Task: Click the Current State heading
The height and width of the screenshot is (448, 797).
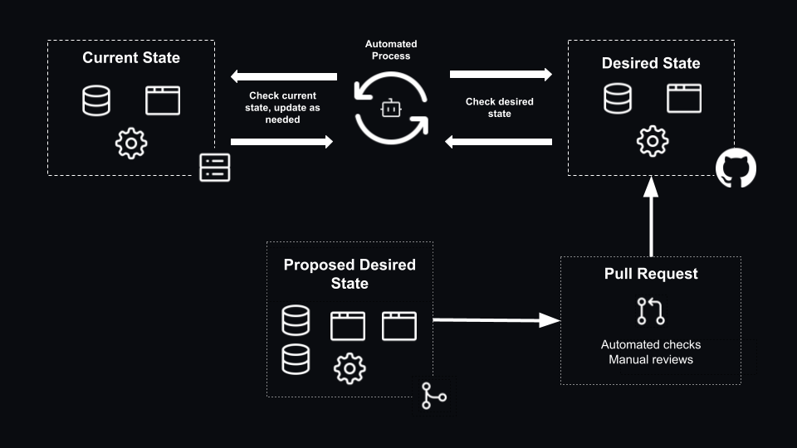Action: click(x=131, y=58)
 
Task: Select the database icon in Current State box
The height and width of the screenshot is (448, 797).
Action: click(x=96, y=100)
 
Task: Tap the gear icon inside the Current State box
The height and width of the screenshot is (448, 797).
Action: click(x=131, y=143)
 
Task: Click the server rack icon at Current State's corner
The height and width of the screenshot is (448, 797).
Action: click(x=215, y=167)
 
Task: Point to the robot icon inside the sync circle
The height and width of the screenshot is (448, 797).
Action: click(x=392, y=108)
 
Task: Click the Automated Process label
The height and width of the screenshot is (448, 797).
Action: click(x=392, y=50)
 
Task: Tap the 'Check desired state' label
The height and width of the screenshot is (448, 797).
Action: click(x=499, y=108)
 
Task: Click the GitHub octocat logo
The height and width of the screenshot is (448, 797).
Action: click(x=736, y=168)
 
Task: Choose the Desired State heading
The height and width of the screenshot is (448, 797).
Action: click(x=651, y=63)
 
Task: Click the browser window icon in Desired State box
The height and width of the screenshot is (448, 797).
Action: click(x=684, y=99)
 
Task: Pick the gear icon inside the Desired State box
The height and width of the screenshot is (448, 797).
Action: click(x=652, y=142)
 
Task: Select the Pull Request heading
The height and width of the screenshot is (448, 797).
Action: click(x=651, y=274)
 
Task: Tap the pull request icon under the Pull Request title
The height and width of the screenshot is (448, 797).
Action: click(x=651, y=311)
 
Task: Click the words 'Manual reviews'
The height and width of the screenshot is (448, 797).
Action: click(x=651, y=359)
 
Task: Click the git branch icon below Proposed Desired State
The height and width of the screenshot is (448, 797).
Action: click(x=433, y=397)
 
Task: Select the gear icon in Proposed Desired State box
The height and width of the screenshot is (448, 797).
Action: click(x=350, y=368)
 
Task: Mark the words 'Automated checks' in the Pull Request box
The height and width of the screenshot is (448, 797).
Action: click(x=651, y=344)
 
